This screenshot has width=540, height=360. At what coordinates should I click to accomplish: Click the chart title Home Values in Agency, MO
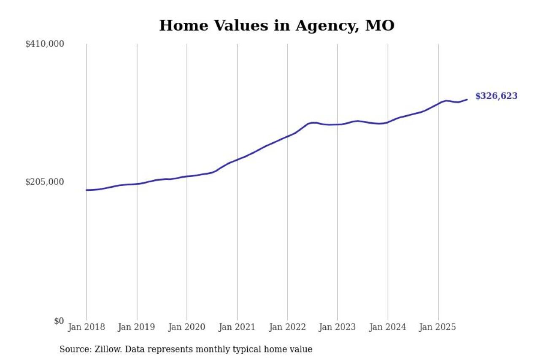coord(276,26)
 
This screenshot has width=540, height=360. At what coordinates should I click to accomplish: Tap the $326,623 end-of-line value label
coord(496,96)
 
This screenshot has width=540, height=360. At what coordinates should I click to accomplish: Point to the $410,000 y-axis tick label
coord(45,44)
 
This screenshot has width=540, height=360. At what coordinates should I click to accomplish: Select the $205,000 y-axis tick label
coord(45,182)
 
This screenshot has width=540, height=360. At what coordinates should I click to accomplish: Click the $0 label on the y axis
coord(59,321)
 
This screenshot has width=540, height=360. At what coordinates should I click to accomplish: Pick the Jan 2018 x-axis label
coord(86,328)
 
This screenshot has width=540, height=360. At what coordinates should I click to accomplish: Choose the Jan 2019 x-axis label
coord(137,328)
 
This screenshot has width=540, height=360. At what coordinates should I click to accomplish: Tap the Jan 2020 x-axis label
coord(186,328)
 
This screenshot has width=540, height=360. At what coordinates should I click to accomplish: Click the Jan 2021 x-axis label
coord(237,328)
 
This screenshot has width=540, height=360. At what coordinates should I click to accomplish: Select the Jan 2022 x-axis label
coord(287,328)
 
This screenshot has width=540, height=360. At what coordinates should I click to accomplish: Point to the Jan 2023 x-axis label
coord(337,328)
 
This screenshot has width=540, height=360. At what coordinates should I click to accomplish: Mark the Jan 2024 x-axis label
coord(387,328)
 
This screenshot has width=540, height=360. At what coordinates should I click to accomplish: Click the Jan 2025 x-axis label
coord(438,328)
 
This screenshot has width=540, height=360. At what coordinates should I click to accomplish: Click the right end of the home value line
coord(467,100)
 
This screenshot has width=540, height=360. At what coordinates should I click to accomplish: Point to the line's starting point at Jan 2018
coord(87,190)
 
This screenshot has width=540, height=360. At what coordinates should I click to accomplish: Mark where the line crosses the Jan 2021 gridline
coord(237,160)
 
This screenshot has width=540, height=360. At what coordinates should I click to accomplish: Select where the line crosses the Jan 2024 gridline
coord(388,122)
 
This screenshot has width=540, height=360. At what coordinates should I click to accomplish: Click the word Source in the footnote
coord(73,349)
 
